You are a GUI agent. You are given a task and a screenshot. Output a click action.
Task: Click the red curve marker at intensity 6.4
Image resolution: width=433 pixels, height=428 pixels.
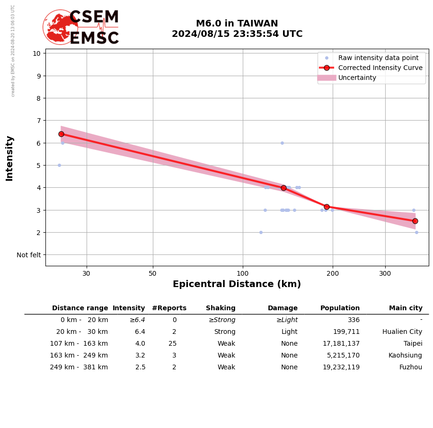pos(61,134)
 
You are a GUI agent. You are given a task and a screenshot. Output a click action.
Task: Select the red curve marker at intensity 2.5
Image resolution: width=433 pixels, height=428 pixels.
pos(415,221)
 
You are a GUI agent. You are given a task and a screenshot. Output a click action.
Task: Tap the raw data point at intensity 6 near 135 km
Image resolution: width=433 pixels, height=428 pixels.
pos(282,143)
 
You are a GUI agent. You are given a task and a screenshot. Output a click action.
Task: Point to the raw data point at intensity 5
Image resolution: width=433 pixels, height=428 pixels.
pos(59,165)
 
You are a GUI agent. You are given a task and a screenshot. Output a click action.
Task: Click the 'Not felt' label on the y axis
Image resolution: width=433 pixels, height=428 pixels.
pos(29,255)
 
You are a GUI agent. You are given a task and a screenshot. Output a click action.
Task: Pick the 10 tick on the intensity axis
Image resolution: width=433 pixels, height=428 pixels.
pos(36,53)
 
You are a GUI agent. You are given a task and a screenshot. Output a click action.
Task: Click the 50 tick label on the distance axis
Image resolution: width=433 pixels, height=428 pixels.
pos(152,273)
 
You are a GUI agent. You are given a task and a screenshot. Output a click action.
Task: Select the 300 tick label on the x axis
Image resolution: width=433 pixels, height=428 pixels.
pos(385,273)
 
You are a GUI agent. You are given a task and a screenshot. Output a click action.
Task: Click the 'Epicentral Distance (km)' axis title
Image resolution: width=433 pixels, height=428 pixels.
pos(237,284)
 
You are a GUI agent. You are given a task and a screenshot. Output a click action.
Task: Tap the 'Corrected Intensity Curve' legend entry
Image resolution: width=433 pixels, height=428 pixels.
pos(380,68)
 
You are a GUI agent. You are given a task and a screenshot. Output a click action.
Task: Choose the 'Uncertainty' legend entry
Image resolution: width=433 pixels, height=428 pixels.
pos(357,78)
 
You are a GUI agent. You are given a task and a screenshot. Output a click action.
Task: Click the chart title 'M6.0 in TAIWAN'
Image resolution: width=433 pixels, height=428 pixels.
pos(237,24)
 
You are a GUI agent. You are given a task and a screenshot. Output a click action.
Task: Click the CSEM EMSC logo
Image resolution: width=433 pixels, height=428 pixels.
pos(81,27)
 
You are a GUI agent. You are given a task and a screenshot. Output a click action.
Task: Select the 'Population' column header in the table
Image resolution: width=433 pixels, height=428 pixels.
pos(340,308)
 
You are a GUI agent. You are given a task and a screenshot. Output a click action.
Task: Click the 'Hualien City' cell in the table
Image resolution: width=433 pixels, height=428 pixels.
pos(402,332)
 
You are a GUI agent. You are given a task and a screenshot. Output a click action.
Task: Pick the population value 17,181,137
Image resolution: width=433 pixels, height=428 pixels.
pos(341,344)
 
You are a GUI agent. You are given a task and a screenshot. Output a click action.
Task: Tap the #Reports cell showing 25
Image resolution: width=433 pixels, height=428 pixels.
pos(172,344)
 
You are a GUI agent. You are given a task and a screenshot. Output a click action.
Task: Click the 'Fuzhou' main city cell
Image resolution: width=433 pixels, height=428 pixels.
pos(410,367)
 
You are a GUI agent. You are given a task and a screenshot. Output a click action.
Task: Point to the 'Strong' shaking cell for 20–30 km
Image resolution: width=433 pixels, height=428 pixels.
pos(224,332)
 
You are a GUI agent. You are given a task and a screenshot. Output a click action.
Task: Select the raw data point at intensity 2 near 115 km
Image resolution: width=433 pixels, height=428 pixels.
pos(261,232)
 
